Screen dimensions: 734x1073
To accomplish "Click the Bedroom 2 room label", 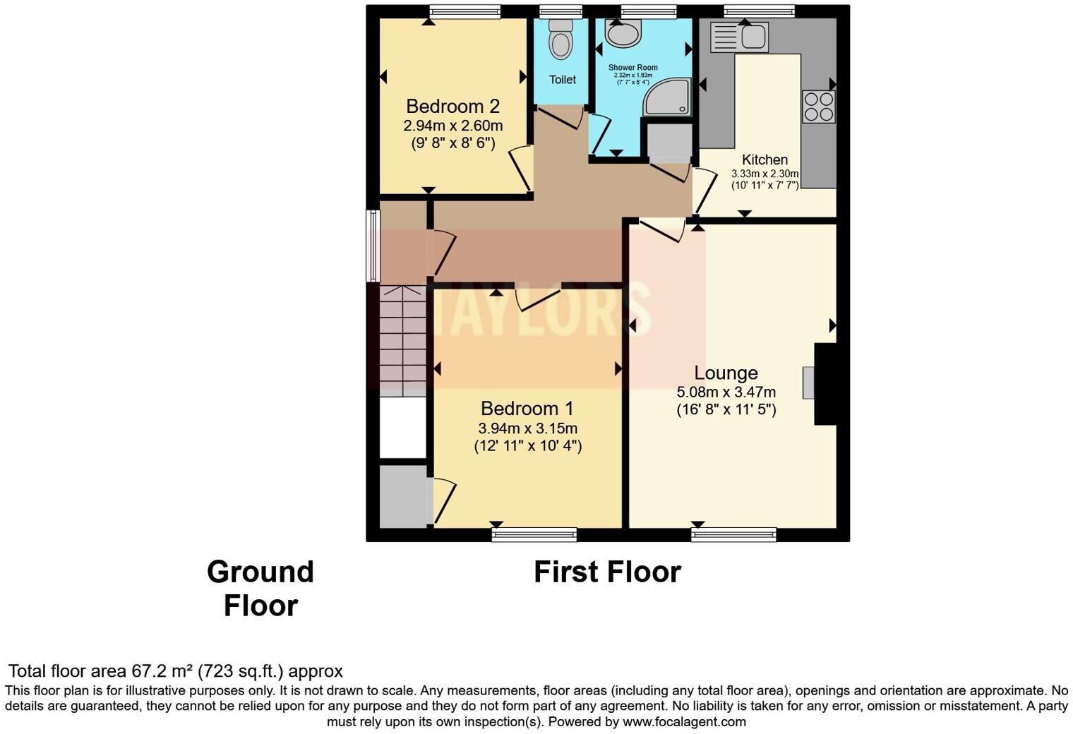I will click(452, 107).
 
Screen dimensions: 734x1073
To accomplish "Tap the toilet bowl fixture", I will click(561, 40).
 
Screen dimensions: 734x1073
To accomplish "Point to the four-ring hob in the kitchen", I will click(818, 107).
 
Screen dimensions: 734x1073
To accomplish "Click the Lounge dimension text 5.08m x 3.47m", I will click(726, 392).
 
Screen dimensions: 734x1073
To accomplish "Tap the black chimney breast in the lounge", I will click(825, 384).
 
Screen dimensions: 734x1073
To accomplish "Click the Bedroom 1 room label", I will click(527, 409).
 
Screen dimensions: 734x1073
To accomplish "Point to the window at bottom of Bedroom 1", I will click(534, 535).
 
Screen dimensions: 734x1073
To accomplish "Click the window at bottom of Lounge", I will click(733, 535).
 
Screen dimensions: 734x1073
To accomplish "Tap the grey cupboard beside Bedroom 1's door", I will click(403, 496).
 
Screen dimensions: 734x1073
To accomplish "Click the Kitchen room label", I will click(765, 160).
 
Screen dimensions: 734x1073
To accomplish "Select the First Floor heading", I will click(607, 572).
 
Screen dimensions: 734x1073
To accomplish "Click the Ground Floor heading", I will click(260, 588).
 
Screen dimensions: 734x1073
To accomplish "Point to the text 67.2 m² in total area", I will click(162, 671).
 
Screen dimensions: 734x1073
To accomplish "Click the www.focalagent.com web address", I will click(684, 722).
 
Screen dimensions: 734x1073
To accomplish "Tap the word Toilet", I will click(563, 80).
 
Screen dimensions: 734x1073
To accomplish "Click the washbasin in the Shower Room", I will click(623, 32).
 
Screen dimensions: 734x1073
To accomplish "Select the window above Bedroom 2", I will click(465, 11).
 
